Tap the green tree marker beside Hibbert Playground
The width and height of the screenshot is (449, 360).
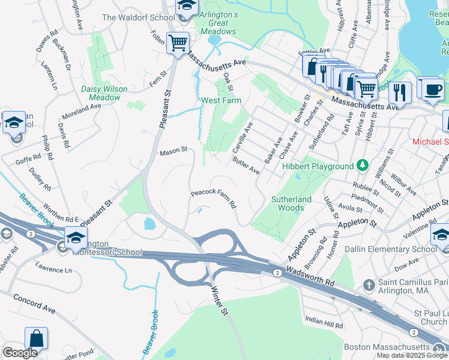(x=362, y=164)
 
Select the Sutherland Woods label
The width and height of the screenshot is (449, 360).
(x=291, y=203)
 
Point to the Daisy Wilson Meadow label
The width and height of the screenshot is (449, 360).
(x=104, y=93)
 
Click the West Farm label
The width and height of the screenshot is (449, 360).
(x=221, y=100)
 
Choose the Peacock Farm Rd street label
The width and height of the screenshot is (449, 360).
(x=212, y=199)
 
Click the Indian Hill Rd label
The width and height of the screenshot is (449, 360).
(x=324, y=322)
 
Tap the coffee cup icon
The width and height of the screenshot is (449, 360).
(x=432, y=89)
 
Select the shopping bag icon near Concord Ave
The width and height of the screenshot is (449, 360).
(x=36, y=338)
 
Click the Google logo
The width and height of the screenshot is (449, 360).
(x=20, y=353)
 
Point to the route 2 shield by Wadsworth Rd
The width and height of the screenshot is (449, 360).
(x=277, y=273)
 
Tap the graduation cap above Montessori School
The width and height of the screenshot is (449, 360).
(x=76, y=238)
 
